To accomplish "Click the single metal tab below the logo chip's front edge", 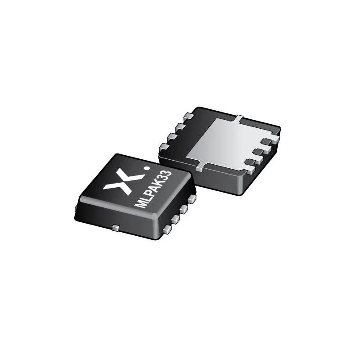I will coord(116,228).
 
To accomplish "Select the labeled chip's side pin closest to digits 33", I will coord(192,199).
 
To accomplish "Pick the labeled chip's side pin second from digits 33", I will coord(184,209).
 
